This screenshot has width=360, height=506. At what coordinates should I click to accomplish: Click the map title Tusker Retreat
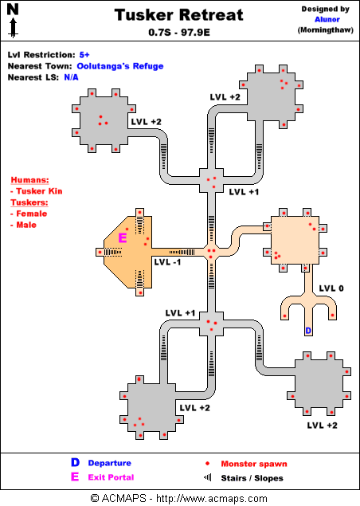(178, 15)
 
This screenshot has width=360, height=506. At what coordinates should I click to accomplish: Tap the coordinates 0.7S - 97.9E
(179, 32)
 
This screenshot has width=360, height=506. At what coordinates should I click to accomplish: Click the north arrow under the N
(13, 28)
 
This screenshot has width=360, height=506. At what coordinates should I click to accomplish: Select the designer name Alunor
(327, 19)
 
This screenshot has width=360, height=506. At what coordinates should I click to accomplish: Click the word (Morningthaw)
(326, 30)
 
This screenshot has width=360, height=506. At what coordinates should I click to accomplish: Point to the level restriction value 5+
(84, 55)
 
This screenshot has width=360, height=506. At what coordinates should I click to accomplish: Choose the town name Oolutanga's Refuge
(120, 66)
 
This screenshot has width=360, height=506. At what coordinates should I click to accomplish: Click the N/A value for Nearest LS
(72, 77)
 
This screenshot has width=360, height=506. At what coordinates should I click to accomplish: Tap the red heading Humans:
(29, 180)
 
